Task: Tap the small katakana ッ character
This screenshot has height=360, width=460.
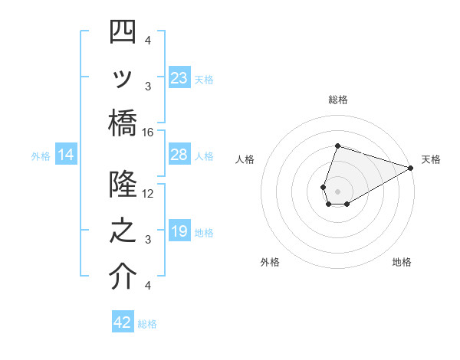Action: tap(123, 79)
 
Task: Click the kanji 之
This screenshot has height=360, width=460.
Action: tap(123, 231)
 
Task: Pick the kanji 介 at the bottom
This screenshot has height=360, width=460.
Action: tap(123, 277)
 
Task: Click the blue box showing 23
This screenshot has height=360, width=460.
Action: tap(179, 77)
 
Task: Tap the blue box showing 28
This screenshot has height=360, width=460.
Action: tap(179, 155)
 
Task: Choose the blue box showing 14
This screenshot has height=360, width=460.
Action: tap(66, 155)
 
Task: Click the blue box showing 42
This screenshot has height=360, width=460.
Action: tap(123, 322)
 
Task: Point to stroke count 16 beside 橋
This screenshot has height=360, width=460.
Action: tap(148, 132)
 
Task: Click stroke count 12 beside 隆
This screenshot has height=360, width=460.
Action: tap(148, 193)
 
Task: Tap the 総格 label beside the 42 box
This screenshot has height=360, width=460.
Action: tap(147, 324)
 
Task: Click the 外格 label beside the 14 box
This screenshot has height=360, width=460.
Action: tap(41, 156)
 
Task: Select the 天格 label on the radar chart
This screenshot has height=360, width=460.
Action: tap(431, 159)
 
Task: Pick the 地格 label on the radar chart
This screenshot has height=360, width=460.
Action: tap(402, 262)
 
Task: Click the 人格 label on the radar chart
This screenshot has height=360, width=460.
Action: tap(245, 159)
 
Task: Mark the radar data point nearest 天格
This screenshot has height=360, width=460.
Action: tap(411, 166)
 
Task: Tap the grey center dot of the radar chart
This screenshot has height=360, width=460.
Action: tap(337, 189)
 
